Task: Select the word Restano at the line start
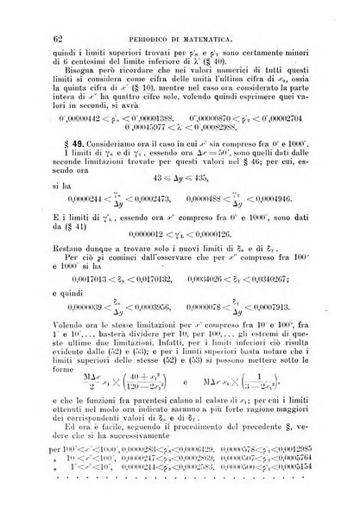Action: coord(68,246)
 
